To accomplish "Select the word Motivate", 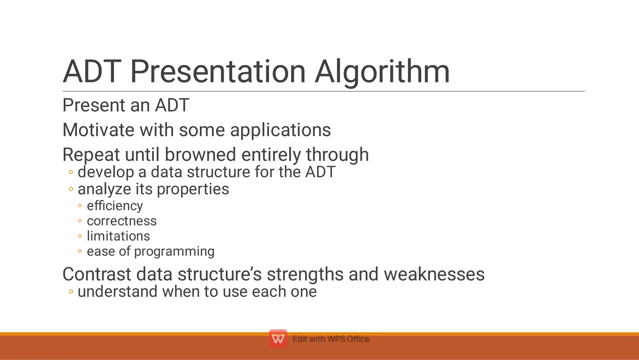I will [98, 130].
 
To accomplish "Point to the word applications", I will [280, 130].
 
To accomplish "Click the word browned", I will [200, 155].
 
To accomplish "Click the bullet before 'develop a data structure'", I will [71, 172].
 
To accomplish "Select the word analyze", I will [104, 189].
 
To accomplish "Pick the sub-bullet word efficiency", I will [115, 206].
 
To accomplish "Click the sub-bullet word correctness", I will [122, 221].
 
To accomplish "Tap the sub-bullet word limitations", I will [118, 236].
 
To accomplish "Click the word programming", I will [174, 252].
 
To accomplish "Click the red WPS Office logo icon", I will [278, 339].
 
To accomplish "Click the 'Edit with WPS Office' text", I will [331, 339].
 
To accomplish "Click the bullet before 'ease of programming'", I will [80, 251].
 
